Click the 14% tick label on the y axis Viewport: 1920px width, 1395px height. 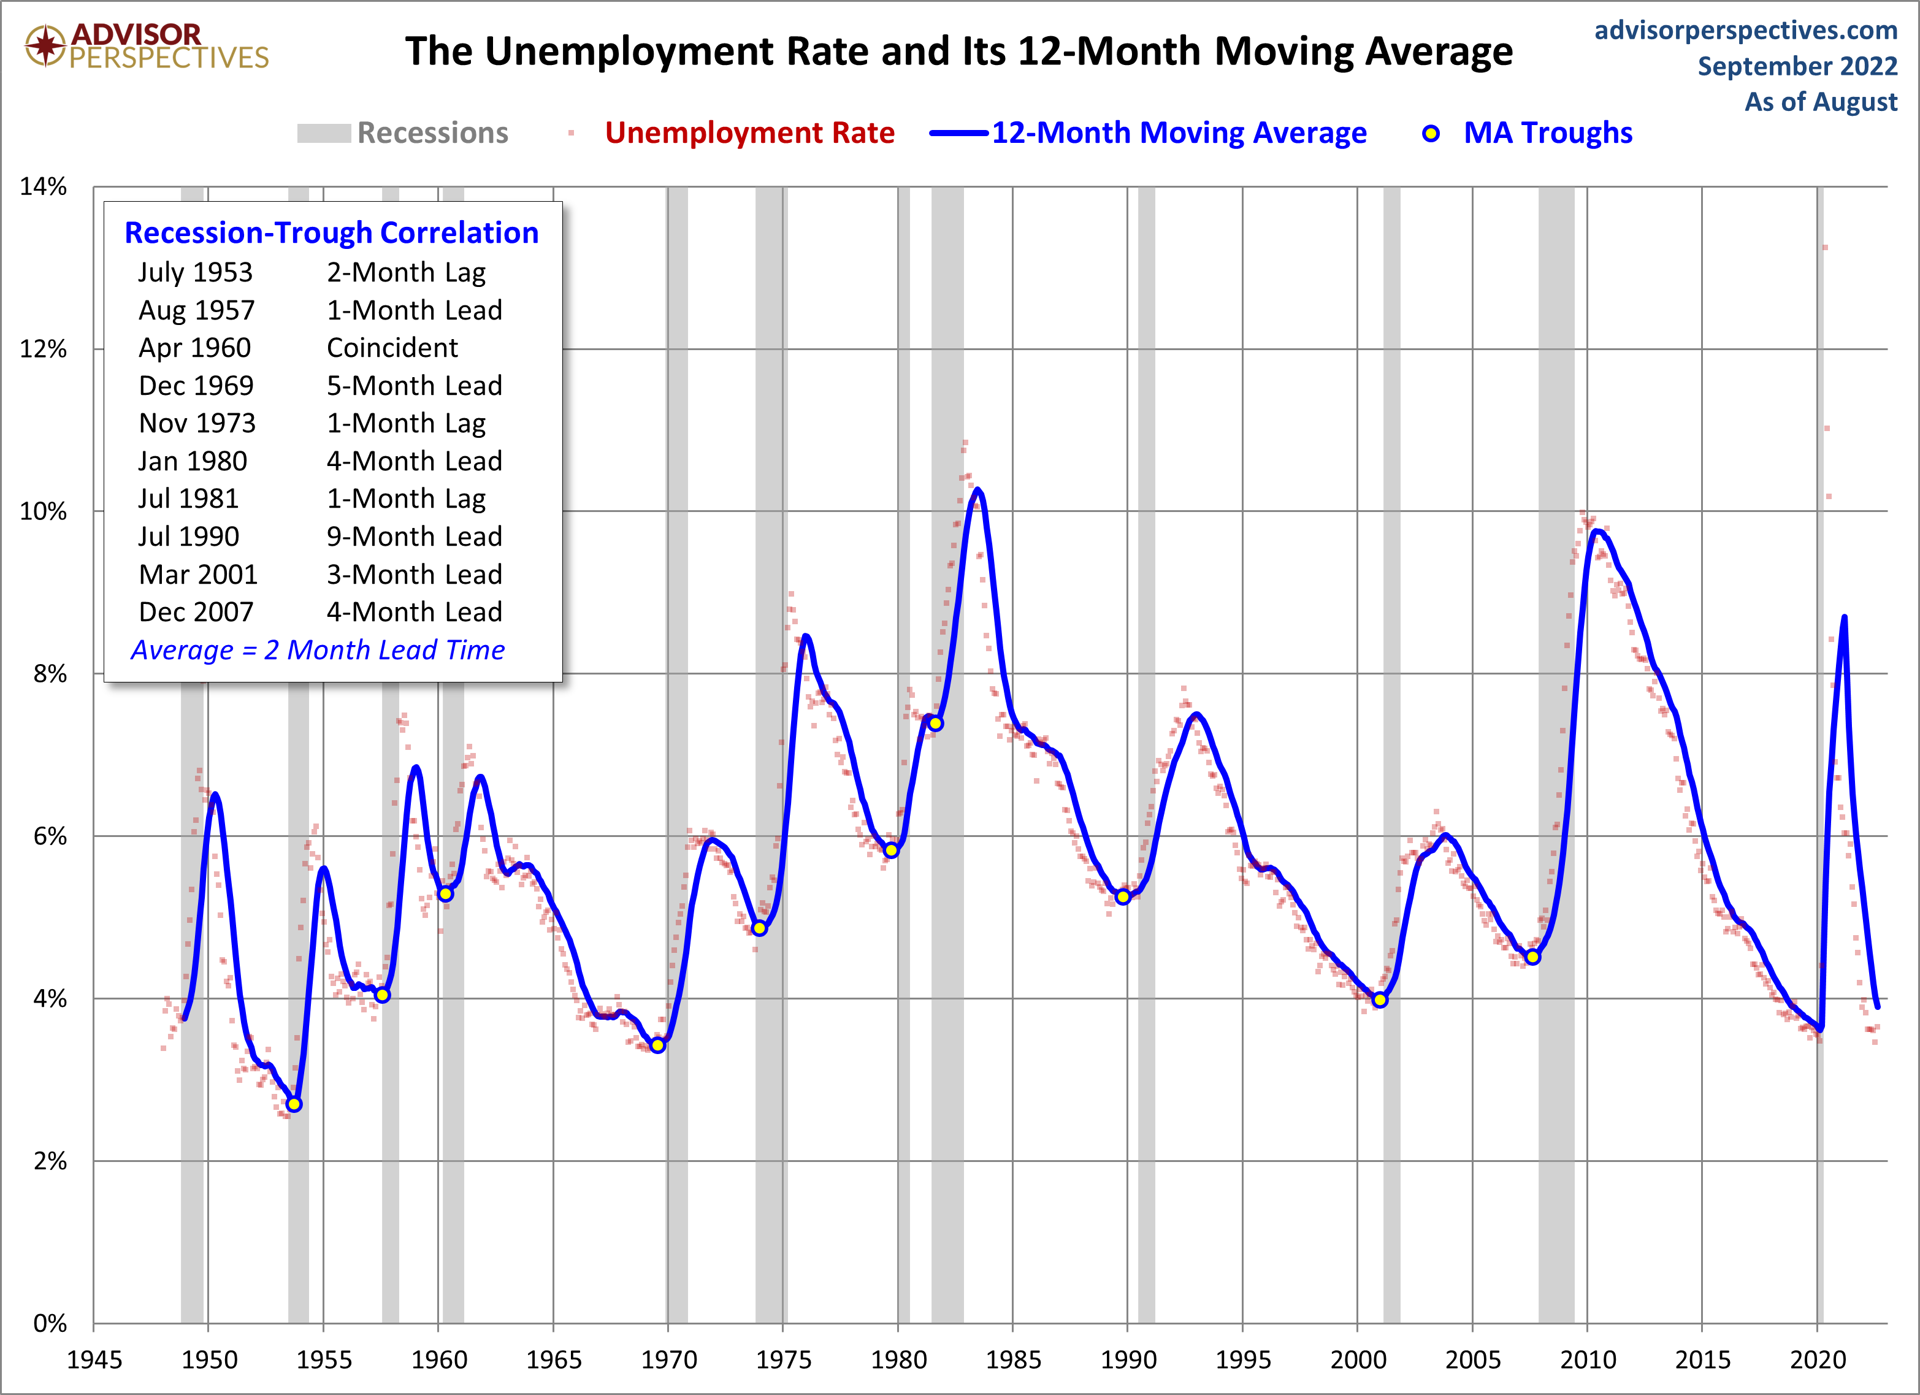click(x=43, y=186)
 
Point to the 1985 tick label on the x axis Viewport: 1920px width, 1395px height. click(x=1012, y=1360)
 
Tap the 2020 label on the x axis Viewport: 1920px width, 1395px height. click(x=1817, y=1360)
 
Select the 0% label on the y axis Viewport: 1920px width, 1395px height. click(x=49, y=1323)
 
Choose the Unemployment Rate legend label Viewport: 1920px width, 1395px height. click(x=749, y=133)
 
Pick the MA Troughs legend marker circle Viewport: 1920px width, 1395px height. click(x=1431, y=133)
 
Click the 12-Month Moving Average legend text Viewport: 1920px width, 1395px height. click(x=1179, y=133)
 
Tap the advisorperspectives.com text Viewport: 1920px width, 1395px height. click(x=1746, y=31)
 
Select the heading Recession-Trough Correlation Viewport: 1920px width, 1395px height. click(x=331, y=233)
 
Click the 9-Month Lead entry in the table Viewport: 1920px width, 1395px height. click(x=414, y=537)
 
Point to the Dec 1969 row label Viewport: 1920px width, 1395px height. click(x=196, y=386)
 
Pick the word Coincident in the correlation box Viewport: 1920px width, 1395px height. click(x=392, y=348)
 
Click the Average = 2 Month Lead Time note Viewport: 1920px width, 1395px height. click(x=318, y=650)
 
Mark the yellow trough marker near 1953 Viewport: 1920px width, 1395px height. click(x=294, y=1104)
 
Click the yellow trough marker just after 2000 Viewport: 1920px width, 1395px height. click(x=1379, y=999)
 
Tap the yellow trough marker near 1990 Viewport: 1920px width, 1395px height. click(x=1123, y=897)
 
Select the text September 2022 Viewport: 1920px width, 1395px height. click(x=1797, y=66)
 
